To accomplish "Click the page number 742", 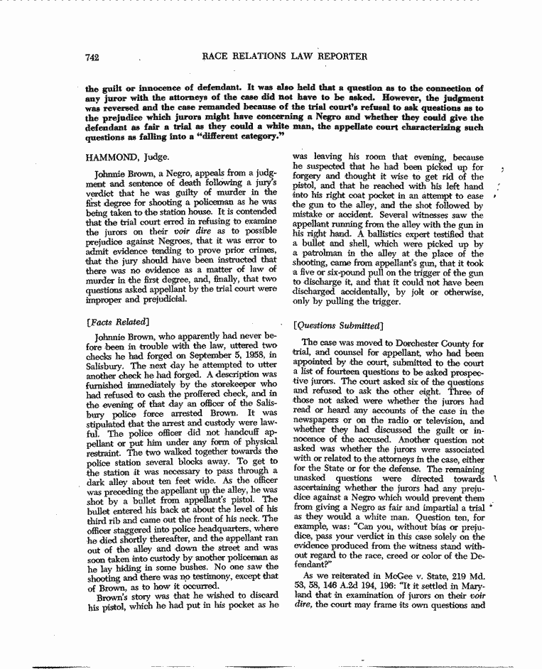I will coord(90,57).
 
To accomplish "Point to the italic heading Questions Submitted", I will coord(339,326).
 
